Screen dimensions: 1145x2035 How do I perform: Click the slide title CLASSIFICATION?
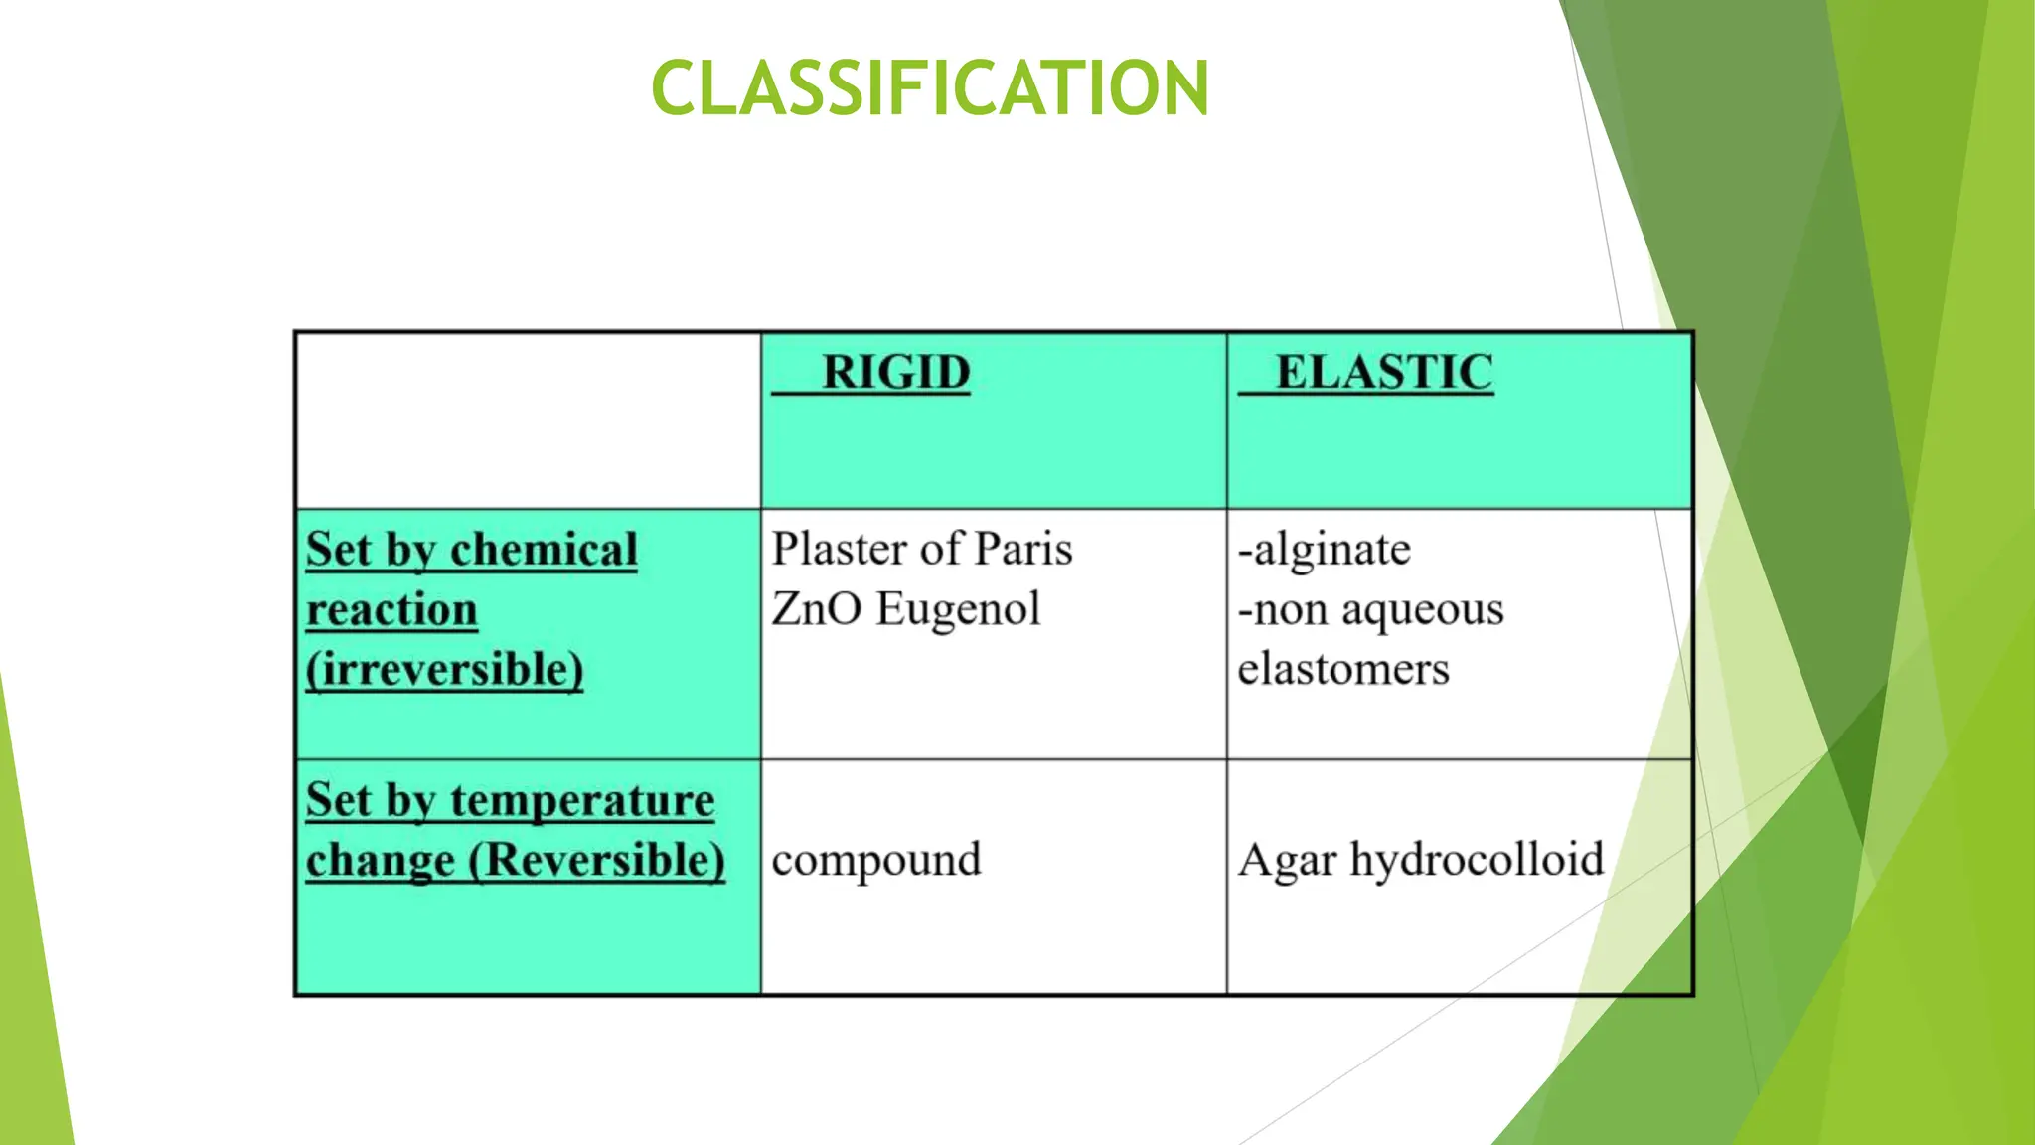coord(930,87)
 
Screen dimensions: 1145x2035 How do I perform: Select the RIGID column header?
coord(895,373)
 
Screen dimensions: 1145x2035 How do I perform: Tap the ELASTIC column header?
coord(1384,373)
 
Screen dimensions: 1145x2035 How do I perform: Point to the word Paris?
coord(1023,549)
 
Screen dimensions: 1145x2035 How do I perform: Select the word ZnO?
coord(817,609)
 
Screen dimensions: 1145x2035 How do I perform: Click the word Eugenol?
coord(958,610)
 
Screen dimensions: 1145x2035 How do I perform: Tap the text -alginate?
coord(1325,550)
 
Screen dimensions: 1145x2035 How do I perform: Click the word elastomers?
coord(1343,669)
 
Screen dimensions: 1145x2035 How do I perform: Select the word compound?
coord(876,861)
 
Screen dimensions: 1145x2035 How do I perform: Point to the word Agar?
coord(1287,861)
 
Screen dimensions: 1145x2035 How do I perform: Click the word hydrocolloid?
coord(1477,860)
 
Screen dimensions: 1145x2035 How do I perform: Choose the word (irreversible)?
coord(444,669)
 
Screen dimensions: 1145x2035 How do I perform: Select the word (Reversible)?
coord(596,861)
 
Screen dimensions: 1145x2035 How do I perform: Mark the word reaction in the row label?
coord(391,610)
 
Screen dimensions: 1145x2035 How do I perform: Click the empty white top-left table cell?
coord(528,420)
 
